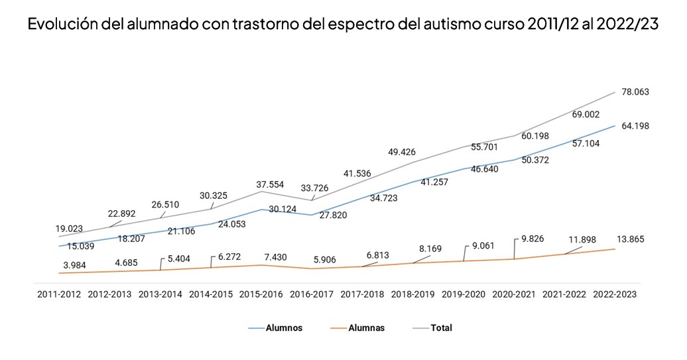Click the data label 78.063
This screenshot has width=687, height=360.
tap(635, 92)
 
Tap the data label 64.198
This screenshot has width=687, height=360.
tap(635, 125)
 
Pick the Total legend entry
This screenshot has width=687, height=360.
tap(441, 328)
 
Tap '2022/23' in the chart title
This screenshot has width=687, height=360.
tap(627, 26)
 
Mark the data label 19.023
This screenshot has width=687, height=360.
tap(69, 229)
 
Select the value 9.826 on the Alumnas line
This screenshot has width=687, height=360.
tap(532, 239)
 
